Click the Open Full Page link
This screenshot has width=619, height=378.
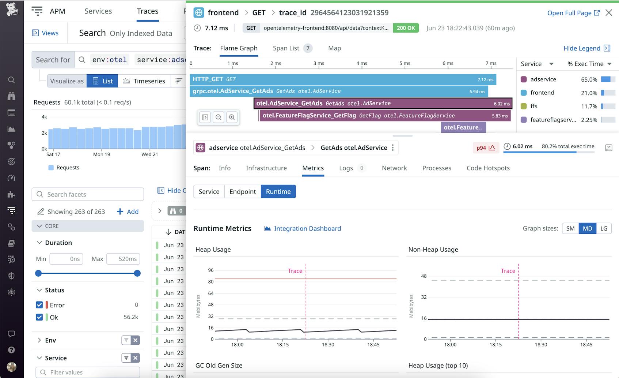[573, 13]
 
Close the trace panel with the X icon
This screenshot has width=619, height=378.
[609, 13]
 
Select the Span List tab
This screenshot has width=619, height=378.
[286, 48]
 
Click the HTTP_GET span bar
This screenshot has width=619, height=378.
[329, 79]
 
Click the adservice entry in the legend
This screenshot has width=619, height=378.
[543, 79]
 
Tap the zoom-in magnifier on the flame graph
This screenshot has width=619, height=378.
[232, 117]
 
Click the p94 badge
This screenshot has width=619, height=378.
[485, 148]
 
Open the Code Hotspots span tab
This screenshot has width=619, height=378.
[488, 168]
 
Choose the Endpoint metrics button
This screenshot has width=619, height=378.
[243, 192]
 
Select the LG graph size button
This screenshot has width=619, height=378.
[604, 229]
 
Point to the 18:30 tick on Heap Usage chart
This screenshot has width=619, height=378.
[328, 344]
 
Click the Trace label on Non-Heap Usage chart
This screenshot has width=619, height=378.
[508, 271]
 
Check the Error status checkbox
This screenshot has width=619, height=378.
[39, 305]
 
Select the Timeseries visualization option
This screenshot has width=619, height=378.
[144, 81]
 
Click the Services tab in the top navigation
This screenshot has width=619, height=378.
[98, 11]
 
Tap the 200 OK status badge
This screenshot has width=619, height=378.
[406, 28]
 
